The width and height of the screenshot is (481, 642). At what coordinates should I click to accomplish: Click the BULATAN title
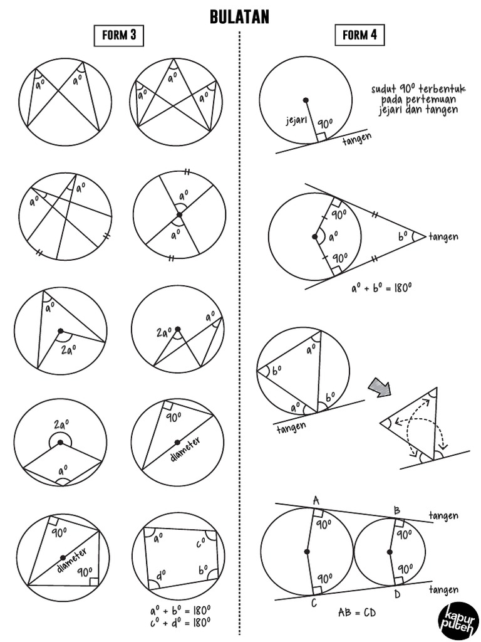(x=240, y=17)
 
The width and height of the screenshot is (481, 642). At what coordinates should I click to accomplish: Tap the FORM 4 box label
(x=359, y=36)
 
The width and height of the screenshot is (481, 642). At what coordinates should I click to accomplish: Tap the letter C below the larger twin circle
(x=313, y=603)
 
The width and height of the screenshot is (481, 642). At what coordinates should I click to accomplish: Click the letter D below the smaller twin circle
(x=396, y=593)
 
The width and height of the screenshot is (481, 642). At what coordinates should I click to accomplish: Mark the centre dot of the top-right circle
(x=305, y=100)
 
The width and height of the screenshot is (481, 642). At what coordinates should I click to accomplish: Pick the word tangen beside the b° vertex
(x=443, y=236)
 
